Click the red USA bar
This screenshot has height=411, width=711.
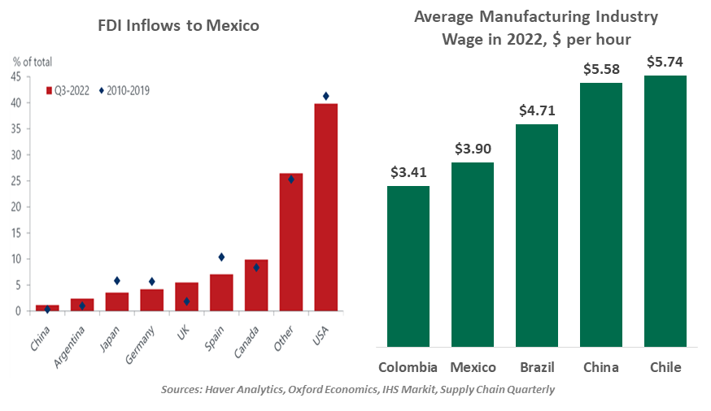325,207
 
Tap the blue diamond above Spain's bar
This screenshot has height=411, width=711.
221,257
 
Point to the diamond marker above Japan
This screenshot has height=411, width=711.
117,280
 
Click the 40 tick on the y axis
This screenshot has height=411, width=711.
15,102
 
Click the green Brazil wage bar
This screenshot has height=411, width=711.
537,236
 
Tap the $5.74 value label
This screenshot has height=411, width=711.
665,61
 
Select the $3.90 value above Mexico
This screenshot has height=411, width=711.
473,148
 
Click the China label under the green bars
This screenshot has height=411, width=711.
600,367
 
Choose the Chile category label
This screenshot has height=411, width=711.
665,367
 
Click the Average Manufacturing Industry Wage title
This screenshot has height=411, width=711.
536,28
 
